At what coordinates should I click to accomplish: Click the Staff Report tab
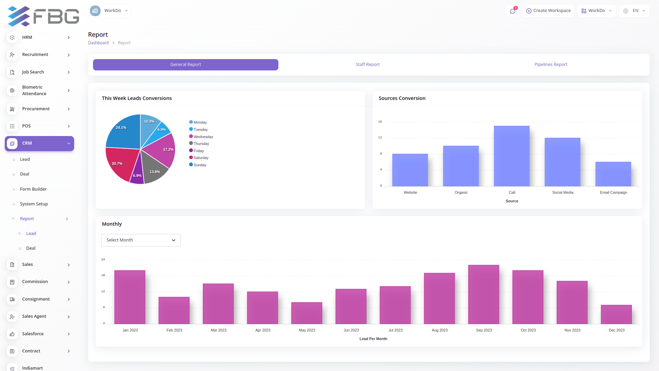368,65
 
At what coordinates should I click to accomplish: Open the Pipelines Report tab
551,65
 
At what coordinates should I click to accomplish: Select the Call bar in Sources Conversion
511,156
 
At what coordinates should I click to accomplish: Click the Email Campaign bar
613,174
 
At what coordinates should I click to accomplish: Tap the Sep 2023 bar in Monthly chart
483,294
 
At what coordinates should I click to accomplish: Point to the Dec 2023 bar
616,314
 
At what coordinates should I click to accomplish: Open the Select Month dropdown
141,240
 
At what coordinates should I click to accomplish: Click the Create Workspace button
548,11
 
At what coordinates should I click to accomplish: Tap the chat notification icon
512,11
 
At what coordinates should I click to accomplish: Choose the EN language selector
634,11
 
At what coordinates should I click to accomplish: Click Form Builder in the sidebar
33,189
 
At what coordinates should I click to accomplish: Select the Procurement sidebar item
36,109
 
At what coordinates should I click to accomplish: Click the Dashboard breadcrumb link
98,43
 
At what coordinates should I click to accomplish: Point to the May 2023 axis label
307,330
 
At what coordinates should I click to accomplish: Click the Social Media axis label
563,192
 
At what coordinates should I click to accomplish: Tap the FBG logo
43,16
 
